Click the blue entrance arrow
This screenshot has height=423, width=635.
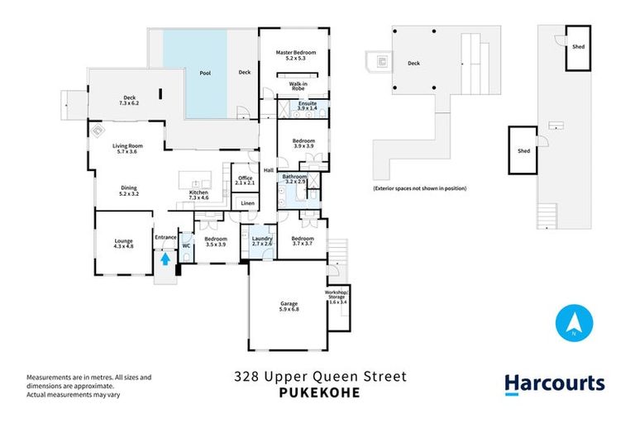click(x=165, y=258)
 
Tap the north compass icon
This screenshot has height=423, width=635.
click(x=572, y=323)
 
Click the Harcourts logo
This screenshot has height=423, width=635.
click(x=555, y=383)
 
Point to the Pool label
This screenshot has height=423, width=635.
click(x=205, y=73)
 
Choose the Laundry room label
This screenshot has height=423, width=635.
click(x=262, y=241)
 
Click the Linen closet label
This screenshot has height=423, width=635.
click(x=247, y=202)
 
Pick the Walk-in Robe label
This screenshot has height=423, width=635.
click(x=298, y=86)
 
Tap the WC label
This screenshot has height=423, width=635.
click(x=186, y=245)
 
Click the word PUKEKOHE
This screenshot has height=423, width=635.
click(x=318, y=392)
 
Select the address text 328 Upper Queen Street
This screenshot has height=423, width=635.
click(x=318, y=378)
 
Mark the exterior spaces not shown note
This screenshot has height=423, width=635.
click(x=419, y=188)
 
